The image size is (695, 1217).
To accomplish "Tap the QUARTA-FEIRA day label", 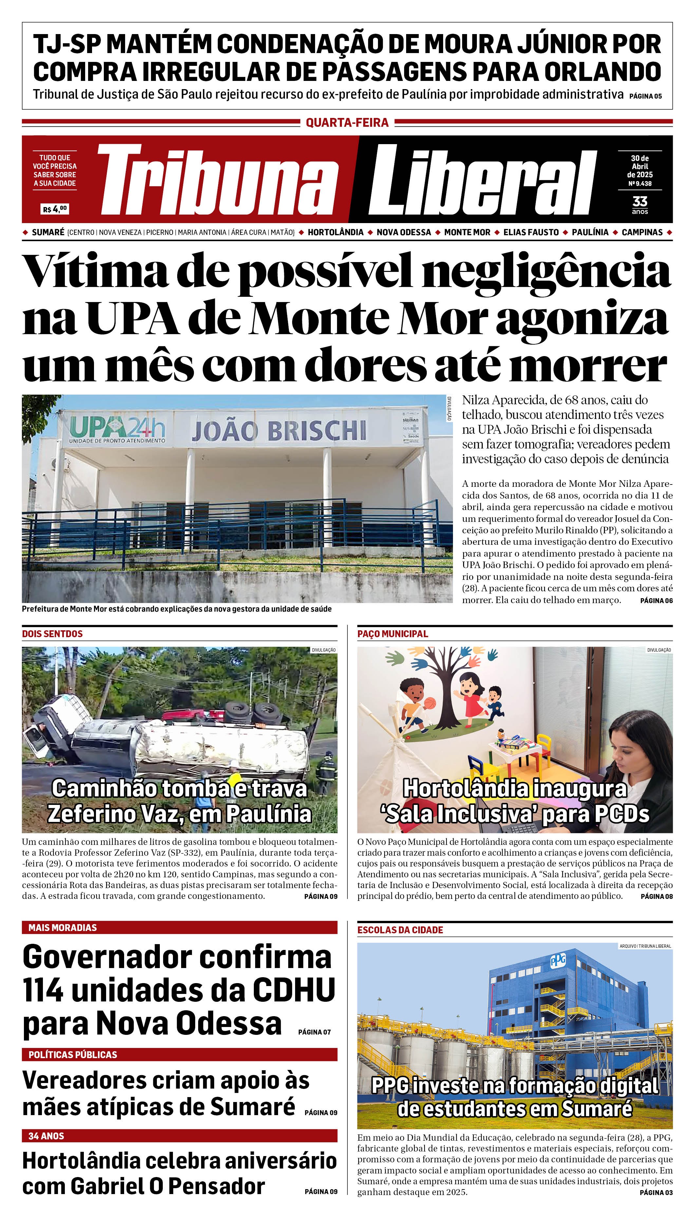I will click(347, 123).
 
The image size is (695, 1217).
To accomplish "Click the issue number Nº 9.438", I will click(640, 183).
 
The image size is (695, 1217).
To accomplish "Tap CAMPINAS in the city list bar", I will click(642, 233).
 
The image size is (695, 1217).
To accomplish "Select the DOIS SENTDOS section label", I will click(52, 634).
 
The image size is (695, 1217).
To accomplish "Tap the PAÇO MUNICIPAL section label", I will click(392, 634).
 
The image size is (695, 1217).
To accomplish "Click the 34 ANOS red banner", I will click(179, 1136).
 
